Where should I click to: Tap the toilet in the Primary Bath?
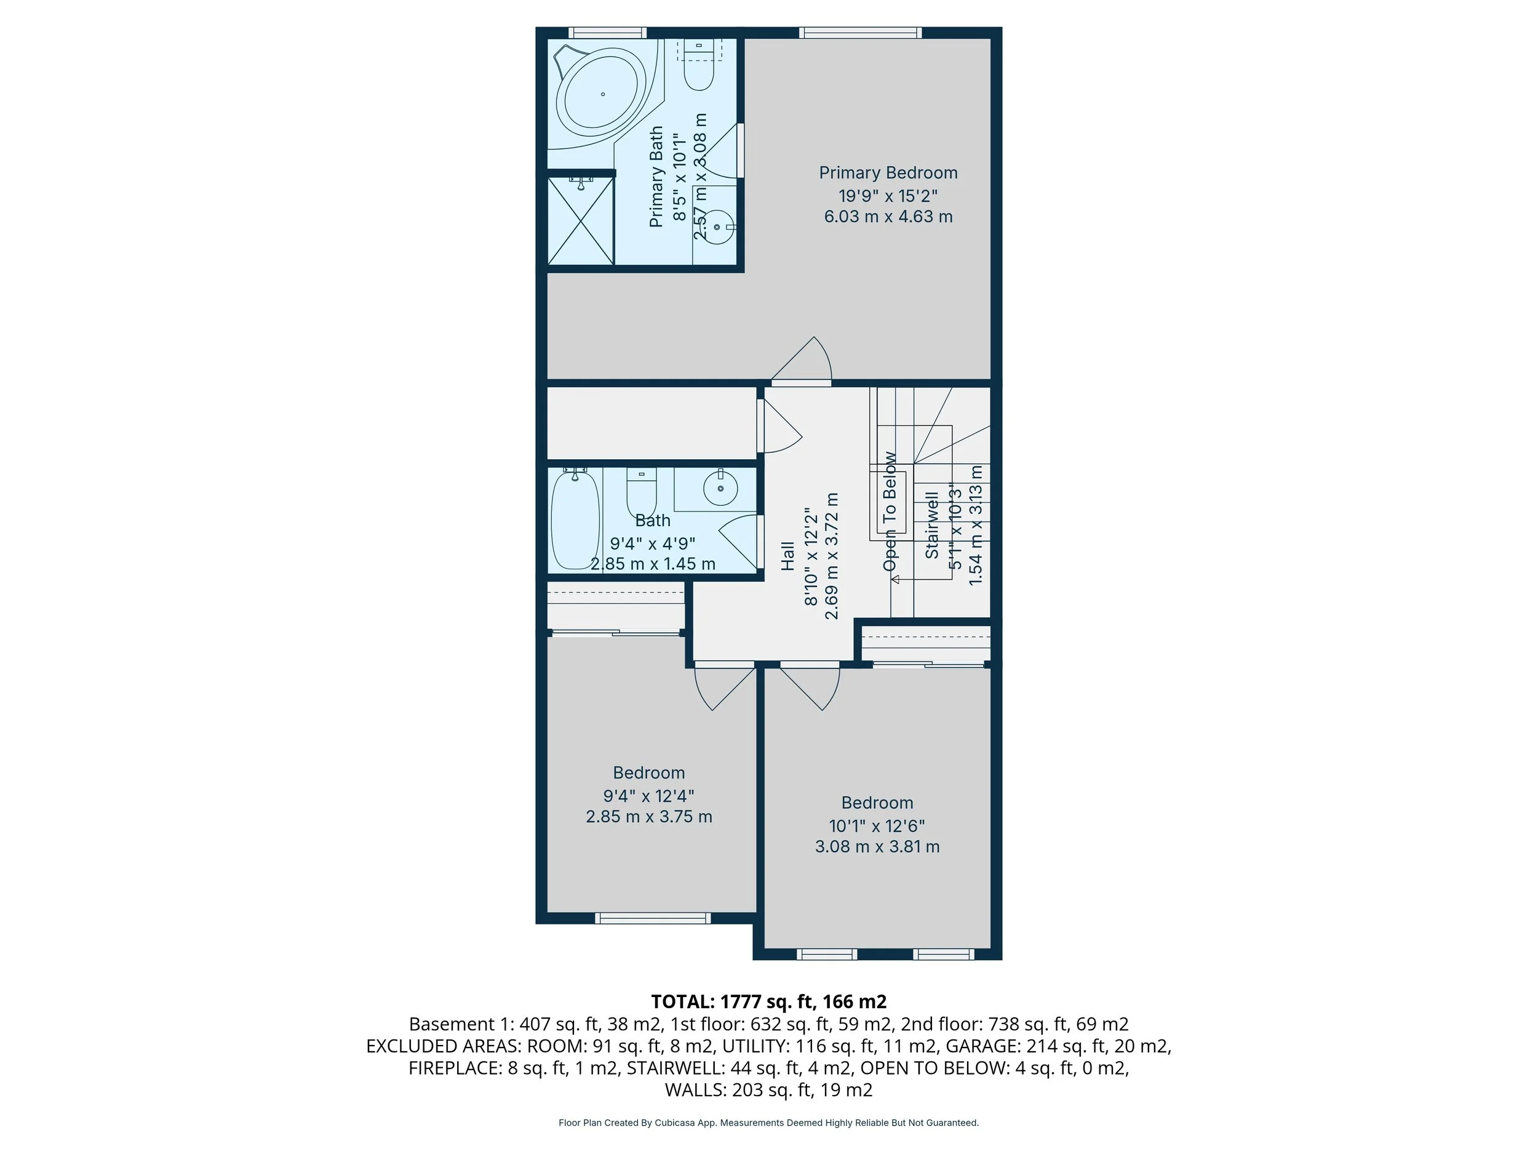(699, 65)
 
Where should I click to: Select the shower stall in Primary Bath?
(581, 220)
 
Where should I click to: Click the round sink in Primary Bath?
(717, 226)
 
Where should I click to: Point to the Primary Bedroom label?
(888, 172)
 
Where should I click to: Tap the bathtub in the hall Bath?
(575, 519)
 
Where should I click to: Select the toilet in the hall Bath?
(642, 492)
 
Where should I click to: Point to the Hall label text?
(787, 556)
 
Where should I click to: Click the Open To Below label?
(890, 511)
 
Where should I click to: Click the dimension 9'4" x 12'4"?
(648, 795)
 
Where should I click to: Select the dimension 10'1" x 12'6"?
(877, 826)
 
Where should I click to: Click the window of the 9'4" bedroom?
(653, 918)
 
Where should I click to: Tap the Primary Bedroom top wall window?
(860, 32)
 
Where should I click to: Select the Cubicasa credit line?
(768, 1123)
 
